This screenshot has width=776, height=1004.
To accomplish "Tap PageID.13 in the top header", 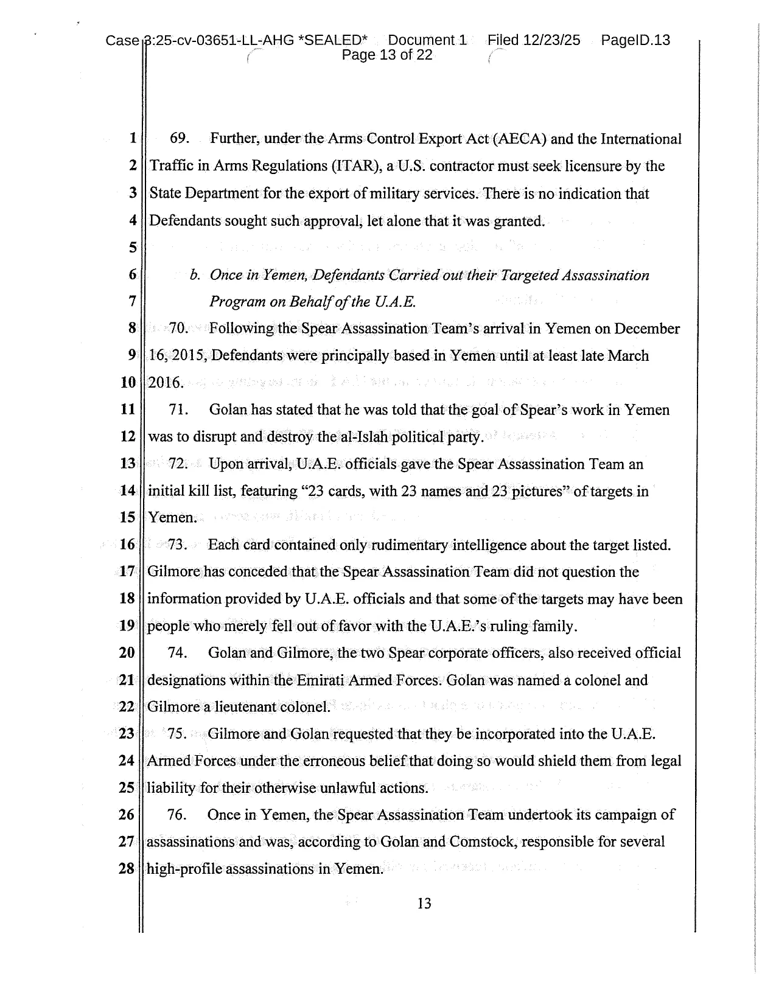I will click(x=635, y=40).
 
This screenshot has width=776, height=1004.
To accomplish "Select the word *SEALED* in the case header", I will click(x=335, y=40).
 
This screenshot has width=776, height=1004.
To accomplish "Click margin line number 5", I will click(x=133, y=248).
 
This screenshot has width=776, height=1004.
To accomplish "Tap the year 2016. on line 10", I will click(x=166, y=383).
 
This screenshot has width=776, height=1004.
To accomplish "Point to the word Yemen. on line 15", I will click(x=173, y=518).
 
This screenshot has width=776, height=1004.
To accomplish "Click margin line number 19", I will click(x=127, y=626).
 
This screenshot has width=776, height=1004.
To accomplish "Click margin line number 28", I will click(x=127, y=869).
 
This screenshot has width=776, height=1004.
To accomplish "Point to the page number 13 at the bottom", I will click(x=424, y=904).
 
